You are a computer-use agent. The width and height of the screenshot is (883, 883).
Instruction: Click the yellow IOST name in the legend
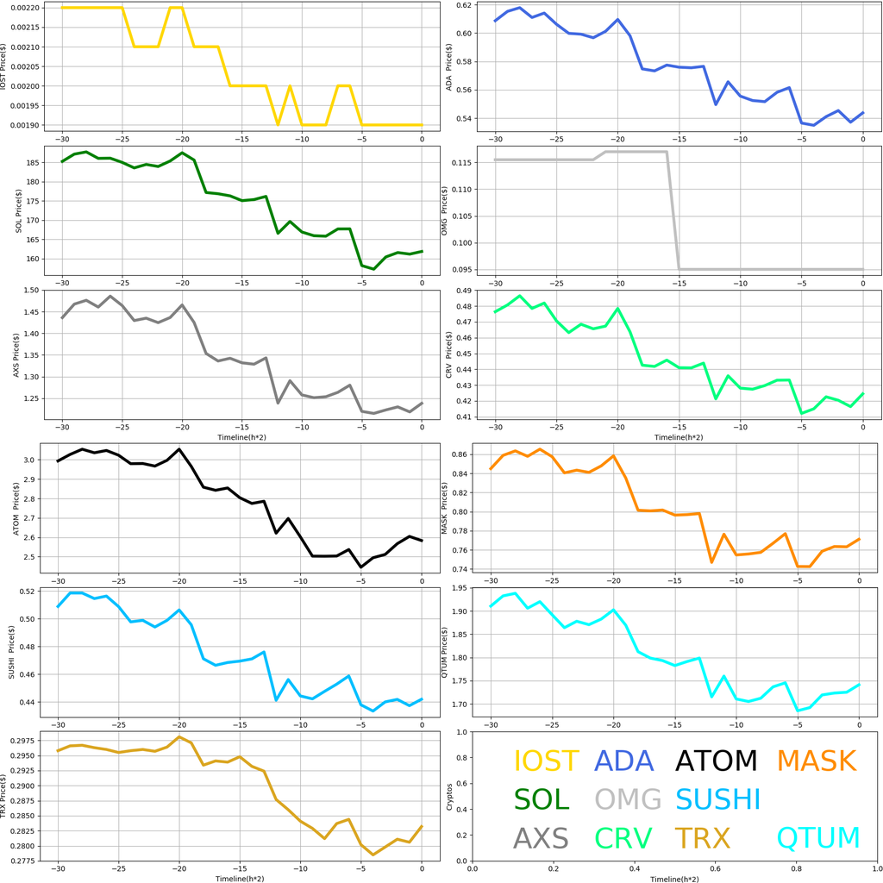click(x=546, y=761)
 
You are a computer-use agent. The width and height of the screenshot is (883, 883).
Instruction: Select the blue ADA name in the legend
click(x=629, y=761)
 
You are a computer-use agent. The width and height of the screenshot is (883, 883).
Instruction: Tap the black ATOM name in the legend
click(x=716, y=761)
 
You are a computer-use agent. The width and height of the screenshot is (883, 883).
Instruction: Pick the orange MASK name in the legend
click(x=816, y=761)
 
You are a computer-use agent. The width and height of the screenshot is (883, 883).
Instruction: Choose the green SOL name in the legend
click(x=542, y=799)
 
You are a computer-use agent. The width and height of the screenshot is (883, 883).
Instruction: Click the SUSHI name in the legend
click(x=717, y=799)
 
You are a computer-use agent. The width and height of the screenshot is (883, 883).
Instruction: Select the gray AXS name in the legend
click(x=541, y=838)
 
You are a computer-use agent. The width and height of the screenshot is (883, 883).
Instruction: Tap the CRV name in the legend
click(x=623, y=838)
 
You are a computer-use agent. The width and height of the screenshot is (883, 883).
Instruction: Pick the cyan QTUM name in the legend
click(x=818, y=838)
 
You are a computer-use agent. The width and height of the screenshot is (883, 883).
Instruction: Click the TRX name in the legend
click(x=702, y=838)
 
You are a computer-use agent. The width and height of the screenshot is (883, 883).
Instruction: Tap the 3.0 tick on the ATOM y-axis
click(x=34, y=460)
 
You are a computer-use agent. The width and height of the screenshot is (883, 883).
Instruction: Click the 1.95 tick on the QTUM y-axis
click(x=457, y=588)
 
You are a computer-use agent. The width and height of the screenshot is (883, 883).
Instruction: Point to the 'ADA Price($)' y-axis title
click(x=448, y=63)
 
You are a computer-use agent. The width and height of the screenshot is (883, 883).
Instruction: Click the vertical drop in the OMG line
click(x=673, y=211)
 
